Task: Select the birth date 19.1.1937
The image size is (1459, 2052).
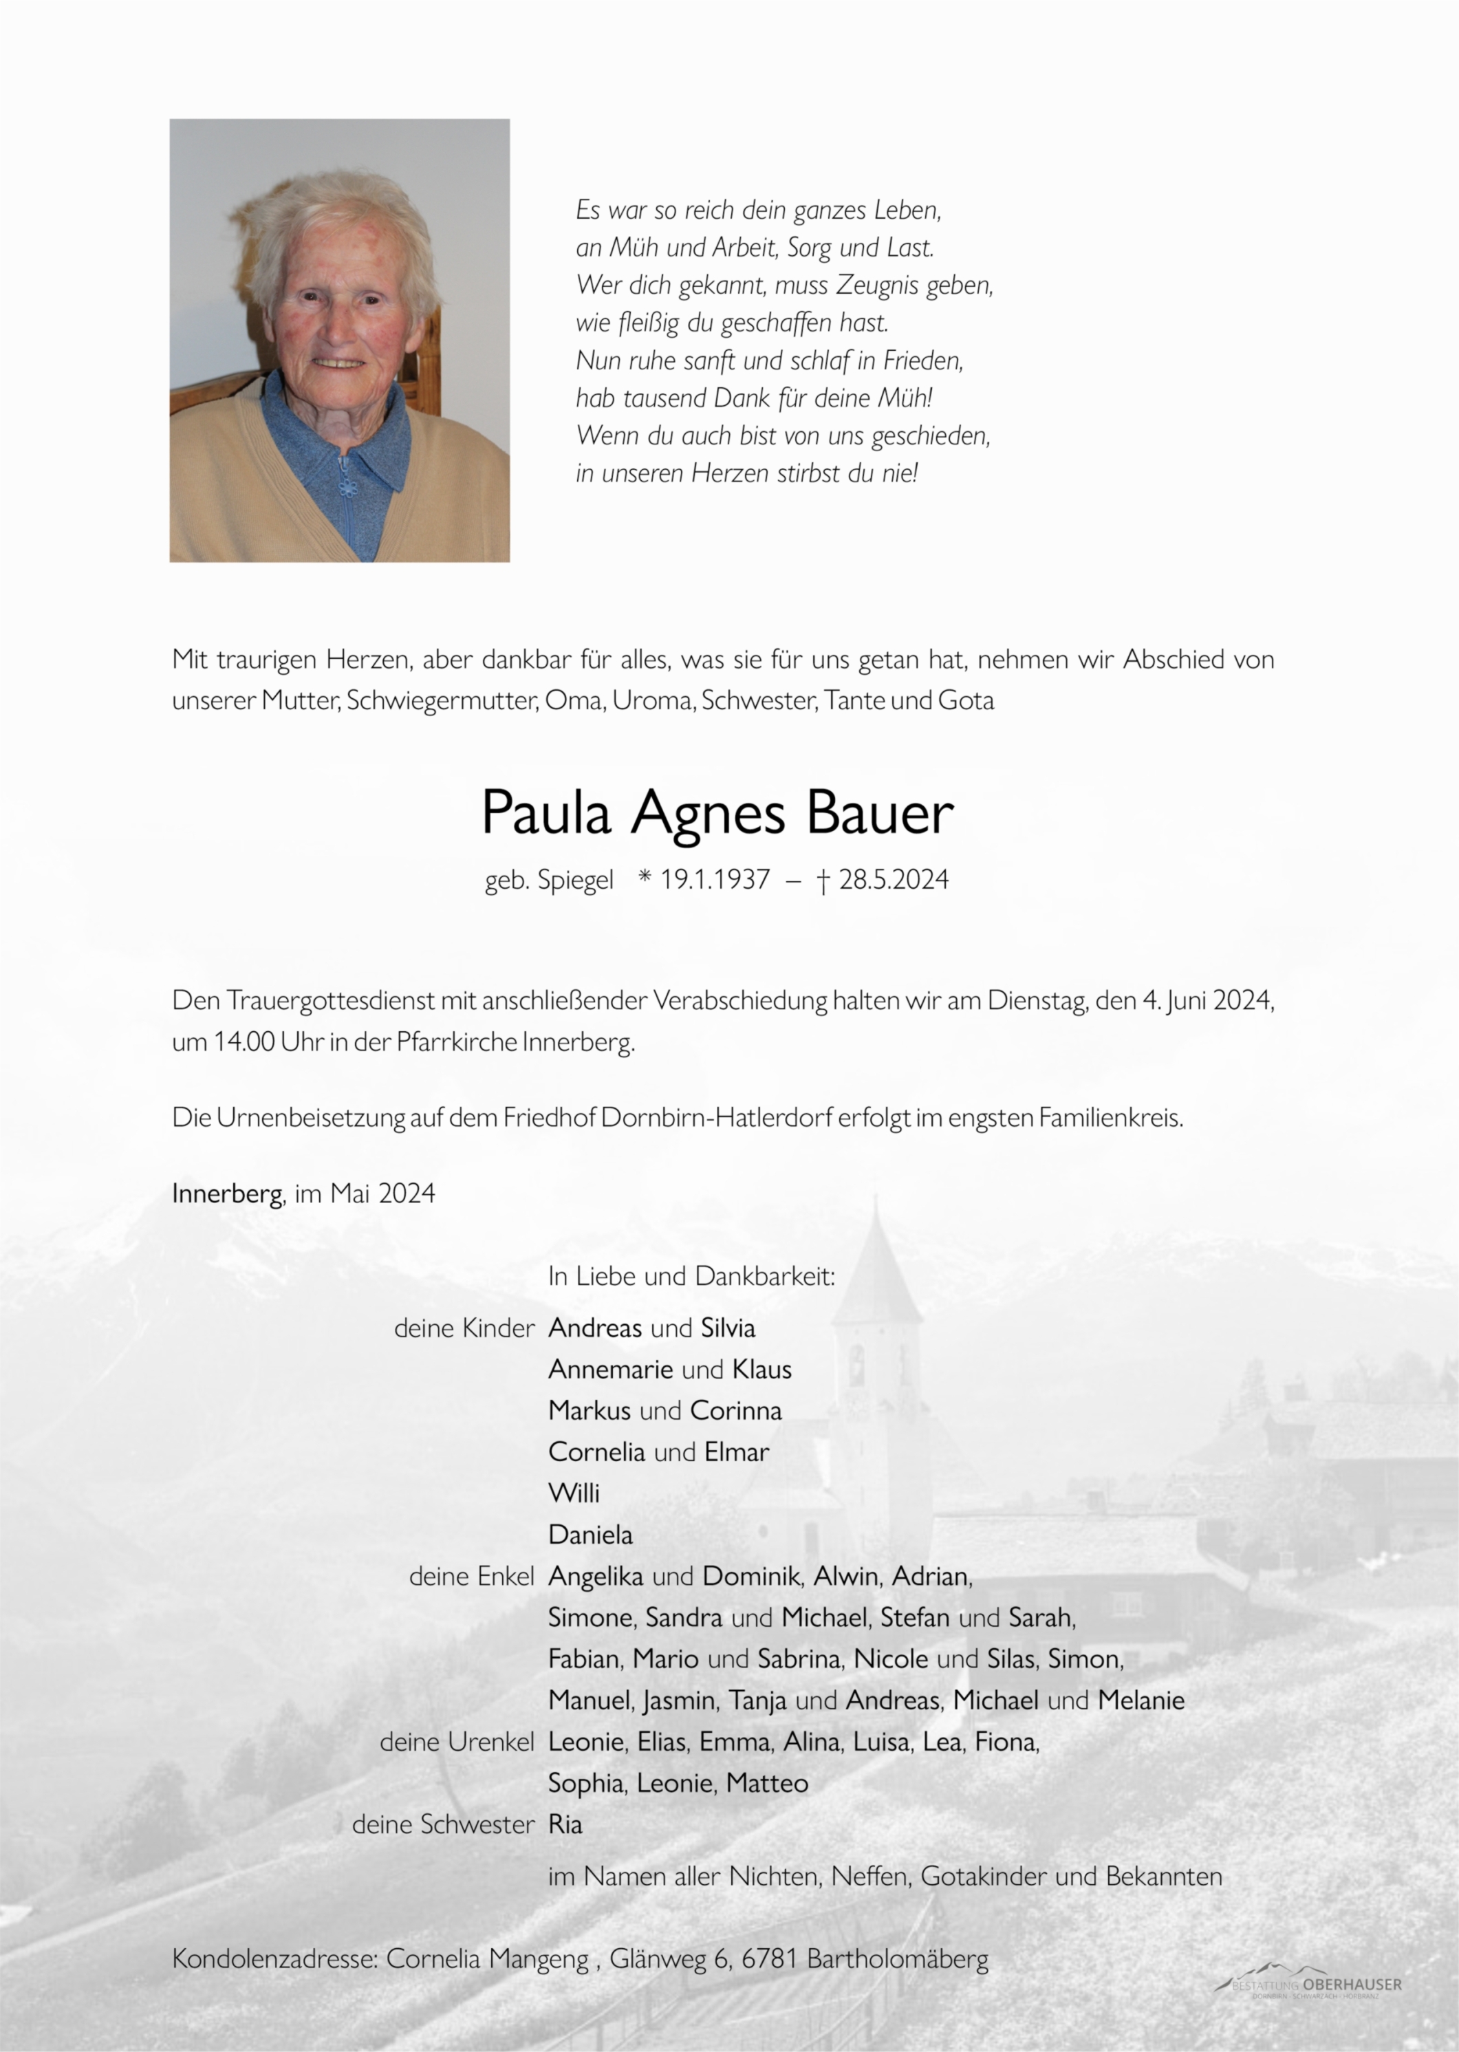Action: click(715, 880)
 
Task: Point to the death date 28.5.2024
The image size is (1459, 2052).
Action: click(893, 880)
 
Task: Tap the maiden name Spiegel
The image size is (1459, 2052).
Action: click(575, 881)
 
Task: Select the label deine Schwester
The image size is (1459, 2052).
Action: click(443, 1825)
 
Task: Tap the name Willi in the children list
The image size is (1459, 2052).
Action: click(574, 1493)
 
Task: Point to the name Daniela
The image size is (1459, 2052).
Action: click(590, 1535)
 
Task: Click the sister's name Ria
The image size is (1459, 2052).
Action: click(565, 1825)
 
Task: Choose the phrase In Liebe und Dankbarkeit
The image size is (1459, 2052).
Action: click(691, 1276)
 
